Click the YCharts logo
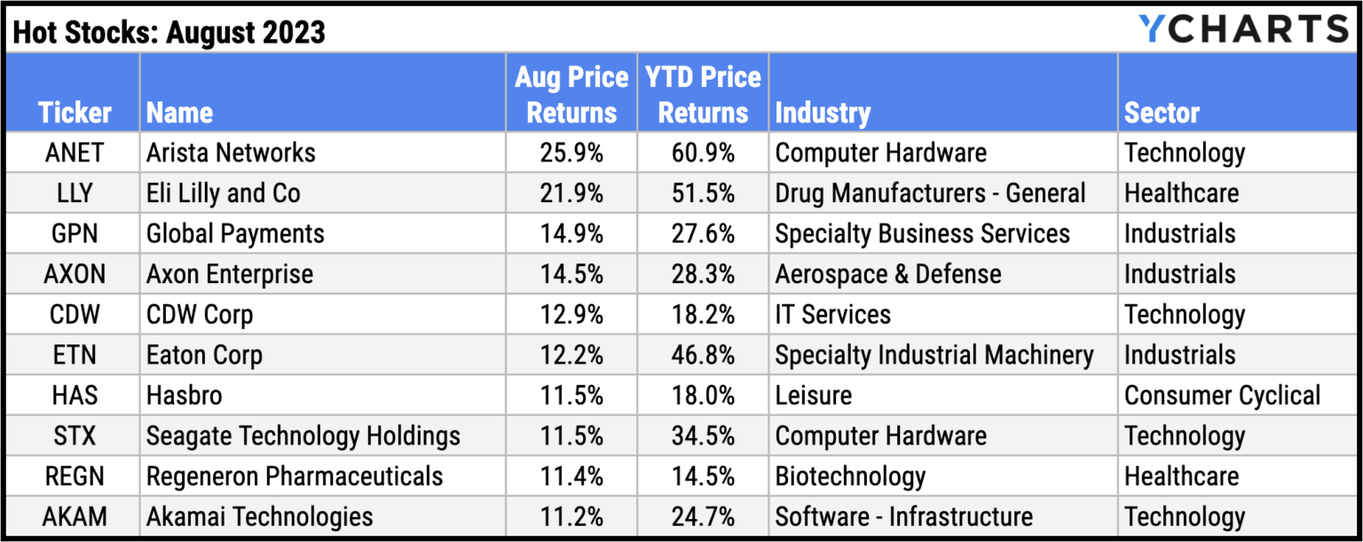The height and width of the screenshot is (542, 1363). click(x=1243, y=28)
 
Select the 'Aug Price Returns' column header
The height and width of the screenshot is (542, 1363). click(x=571, y=94)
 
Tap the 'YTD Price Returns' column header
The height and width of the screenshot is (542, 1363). click(x=703, y=94)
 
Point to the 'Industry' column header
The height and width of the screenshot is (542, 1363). click(x=823, y=113)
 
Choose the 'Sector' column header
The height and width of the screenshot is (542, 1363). click(x=1162, y=113)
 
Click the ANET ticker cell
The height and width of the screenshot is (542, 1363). click(x=74, y=153)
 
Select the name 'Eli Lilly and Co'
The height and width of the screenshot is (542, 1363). click(x=224, y=193)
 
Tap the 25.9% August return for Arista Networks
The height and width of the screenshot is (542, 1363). click(x=571, y=153)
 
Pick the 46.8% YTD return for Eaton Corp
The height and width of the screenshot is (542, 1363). click(x=703, y=355)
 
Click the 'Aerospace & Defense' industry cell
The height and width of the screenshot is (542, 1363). click(x=888, y=274)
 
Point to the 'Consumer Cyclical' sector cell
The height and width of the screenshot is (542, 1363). click(x=1222, y=396)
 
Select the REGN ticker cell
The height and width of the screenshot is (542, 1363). click(x=74, y=476)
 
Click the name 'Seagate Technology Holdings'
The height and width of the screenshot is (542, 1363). click(x=303, y=436)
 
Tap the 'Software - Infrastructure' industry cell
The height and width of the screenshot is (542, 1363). click(x=903, y=516)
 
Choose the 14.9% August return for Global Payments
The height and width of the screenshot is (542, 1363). click(x=571, y=234)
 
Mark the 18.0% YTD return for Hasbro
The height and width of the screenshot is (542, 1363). click(x=703, y=396)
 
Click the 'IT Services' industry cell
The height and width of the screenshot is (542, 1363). click(x=832, y=315)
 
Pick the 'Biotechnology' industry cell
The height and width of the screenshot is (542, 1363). click(x=850, y=476)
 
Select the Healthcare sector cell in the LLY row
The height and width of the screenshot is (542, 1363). click(x=1181, y=193)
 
